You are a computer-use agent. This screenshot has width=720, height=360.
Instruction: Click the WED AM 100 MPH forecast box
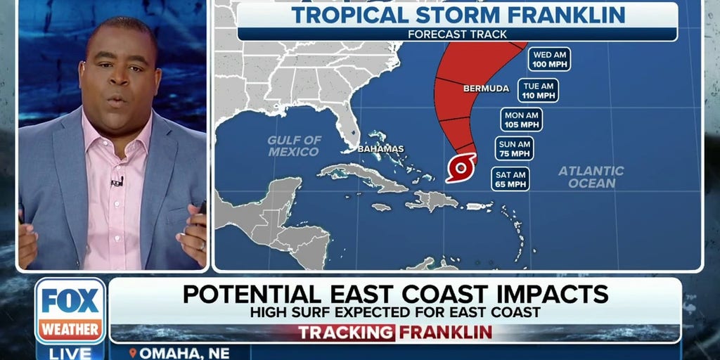(x=551, y=59)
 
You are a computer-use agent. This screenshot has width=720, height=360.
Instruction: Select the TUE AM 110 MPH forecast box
(x=539, y=90)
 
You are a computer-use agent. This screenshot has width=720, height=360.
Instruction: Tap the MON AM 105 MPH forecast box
(x=521, y=120)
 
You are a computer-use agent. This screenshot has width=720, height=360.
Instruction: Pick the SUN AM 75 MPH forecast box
(x=513, y=148)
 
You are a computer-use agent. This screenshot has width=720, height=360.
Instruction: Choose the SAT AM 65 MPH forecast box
(x=510, y=179)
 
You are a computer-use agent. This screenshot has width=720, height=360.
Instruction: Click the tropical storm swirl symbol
(x=461, y=167)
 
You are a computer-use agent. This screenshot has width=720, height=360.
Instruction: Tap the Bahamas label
(x=380, y=149)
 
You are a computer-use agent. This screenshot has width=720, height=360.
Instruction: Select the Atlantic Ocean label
(x=591, y=176)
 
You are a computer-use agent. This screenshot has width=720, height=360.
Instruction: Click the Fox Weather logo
(x=70, y=310)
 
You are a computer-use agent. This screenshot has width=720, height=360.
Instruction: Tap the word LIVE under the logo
(x=70, y=352)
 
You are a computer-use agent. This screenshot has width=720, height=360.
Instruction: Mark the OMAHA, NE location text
(x=169, y=352)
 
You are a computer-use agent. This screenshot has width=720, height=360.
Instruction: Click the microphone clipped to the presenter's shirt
(x=117, y=182)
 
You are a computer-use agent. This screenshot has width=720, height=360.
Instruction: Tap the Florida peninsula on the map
(x=344, y=127)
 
